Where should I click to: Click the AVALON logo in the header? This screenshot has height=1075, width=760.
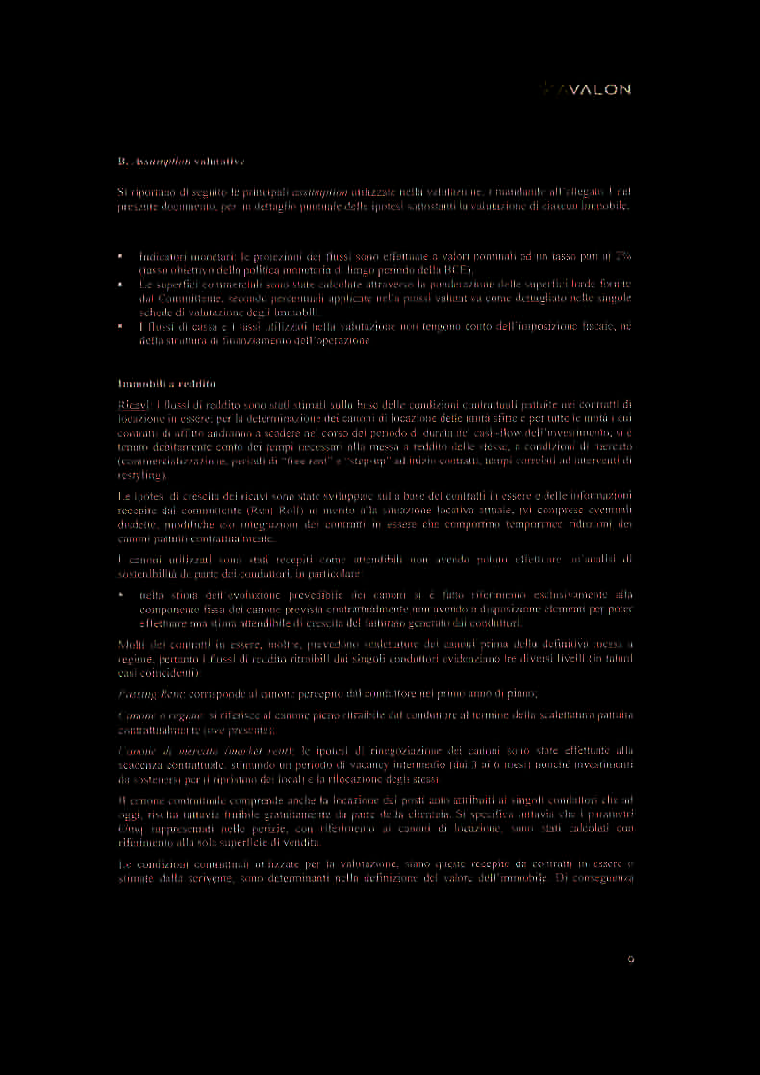click(587, 89)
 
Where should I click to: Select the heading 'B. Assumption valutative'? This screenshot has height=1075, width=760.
click(174, 160)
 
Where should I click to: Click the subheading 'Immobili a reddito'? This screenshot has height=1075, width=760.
click(160, 384)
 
